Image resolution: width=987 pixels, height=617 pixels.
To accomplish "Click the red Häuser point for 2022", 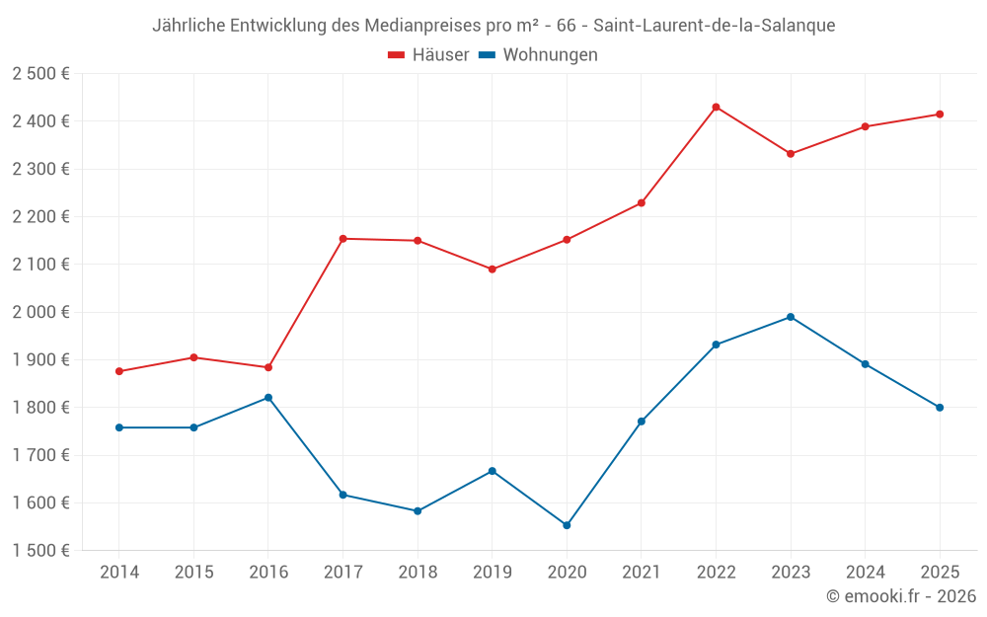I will tap(716, 107).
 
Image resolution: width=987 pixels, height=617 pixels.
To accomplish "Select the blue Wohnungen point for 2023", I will tap(791, 317).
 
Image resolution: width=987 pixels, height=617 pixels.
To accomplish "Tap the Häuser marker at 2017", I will tap(342, 239).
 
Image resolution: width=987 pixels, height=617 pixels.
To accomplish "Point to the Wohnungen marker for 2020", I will tap(567, 525).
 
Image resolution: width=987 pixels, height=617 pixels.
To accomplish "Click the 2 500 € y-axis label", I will tap(40, 74).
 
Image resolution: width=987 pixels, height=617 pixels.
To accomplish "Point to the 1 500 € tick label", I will tap(40, 551).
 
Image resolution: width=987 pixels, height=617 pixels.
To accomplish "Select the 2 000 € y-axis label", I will tap(40, 312).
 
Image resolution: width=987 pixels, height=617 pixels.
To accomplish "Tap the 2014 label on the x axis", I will tap(119, 573).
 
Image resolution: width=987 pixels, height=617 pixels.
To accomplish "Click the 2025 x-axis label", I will tap(940, 573).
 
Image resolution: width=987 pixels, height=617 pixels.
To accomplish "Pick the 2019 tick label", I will tap(492, 573).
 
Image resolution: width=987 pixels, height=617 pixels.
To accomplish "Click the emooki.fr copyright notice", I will tap(900, 596).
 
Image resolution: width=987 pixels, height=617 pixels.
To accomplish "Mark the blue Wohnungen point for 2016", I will tap(268, 398).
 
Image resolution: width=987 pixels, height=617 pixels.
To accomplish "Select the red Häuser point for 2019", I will tap(492, 270).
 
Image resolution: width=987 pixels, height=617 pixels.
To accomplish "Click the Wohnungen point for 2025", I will tap(940, 408).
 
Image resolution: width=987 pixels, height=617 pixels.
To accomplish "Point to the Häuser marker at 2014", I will tap(119, 371).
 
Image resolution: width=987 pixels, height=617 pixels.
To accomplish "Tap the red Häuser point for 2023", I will tap(791, 154).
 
